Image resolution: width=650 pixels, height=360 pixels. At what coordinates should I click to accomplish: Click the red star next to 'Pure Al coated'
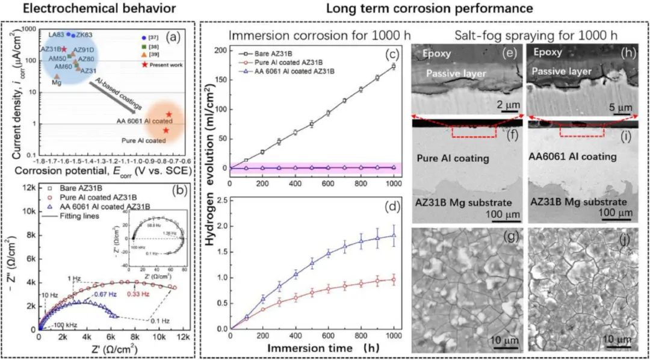166,131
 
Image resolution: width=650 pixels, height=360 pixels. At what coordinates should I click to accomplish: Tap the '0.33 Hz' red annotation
137,294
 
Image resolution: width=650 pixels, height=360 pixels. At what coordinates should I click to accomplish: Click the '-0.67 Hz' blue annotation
102,294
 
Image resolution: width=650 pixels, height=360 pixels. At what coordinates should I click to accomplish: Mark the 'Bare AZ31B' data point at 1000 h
394,66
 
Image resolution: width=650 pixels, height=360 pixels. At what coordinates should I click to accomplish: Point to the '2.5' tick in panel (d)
220,198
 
